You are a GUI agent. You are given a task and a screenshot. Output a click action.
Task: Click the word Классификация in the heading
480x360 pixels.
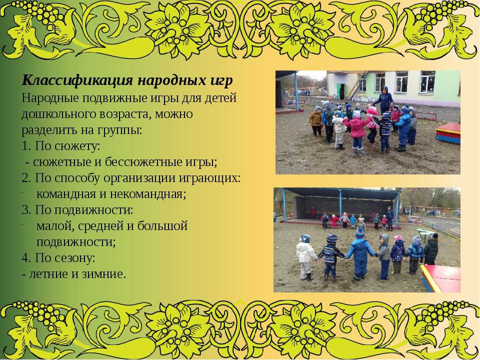(77, 80)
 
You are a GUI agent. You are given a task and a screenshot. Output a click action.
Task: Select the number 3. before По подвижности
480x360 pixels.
(26, 210)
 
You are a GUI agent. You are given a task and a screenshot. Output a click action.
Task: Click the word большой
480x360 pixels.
(162, 226)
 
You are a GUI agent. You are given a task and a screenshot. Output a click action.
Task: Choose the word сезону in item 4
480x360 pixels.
(74, 258)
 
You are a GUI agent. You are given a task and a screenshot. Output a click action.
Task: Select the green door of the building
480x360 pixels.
(339, 91)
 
